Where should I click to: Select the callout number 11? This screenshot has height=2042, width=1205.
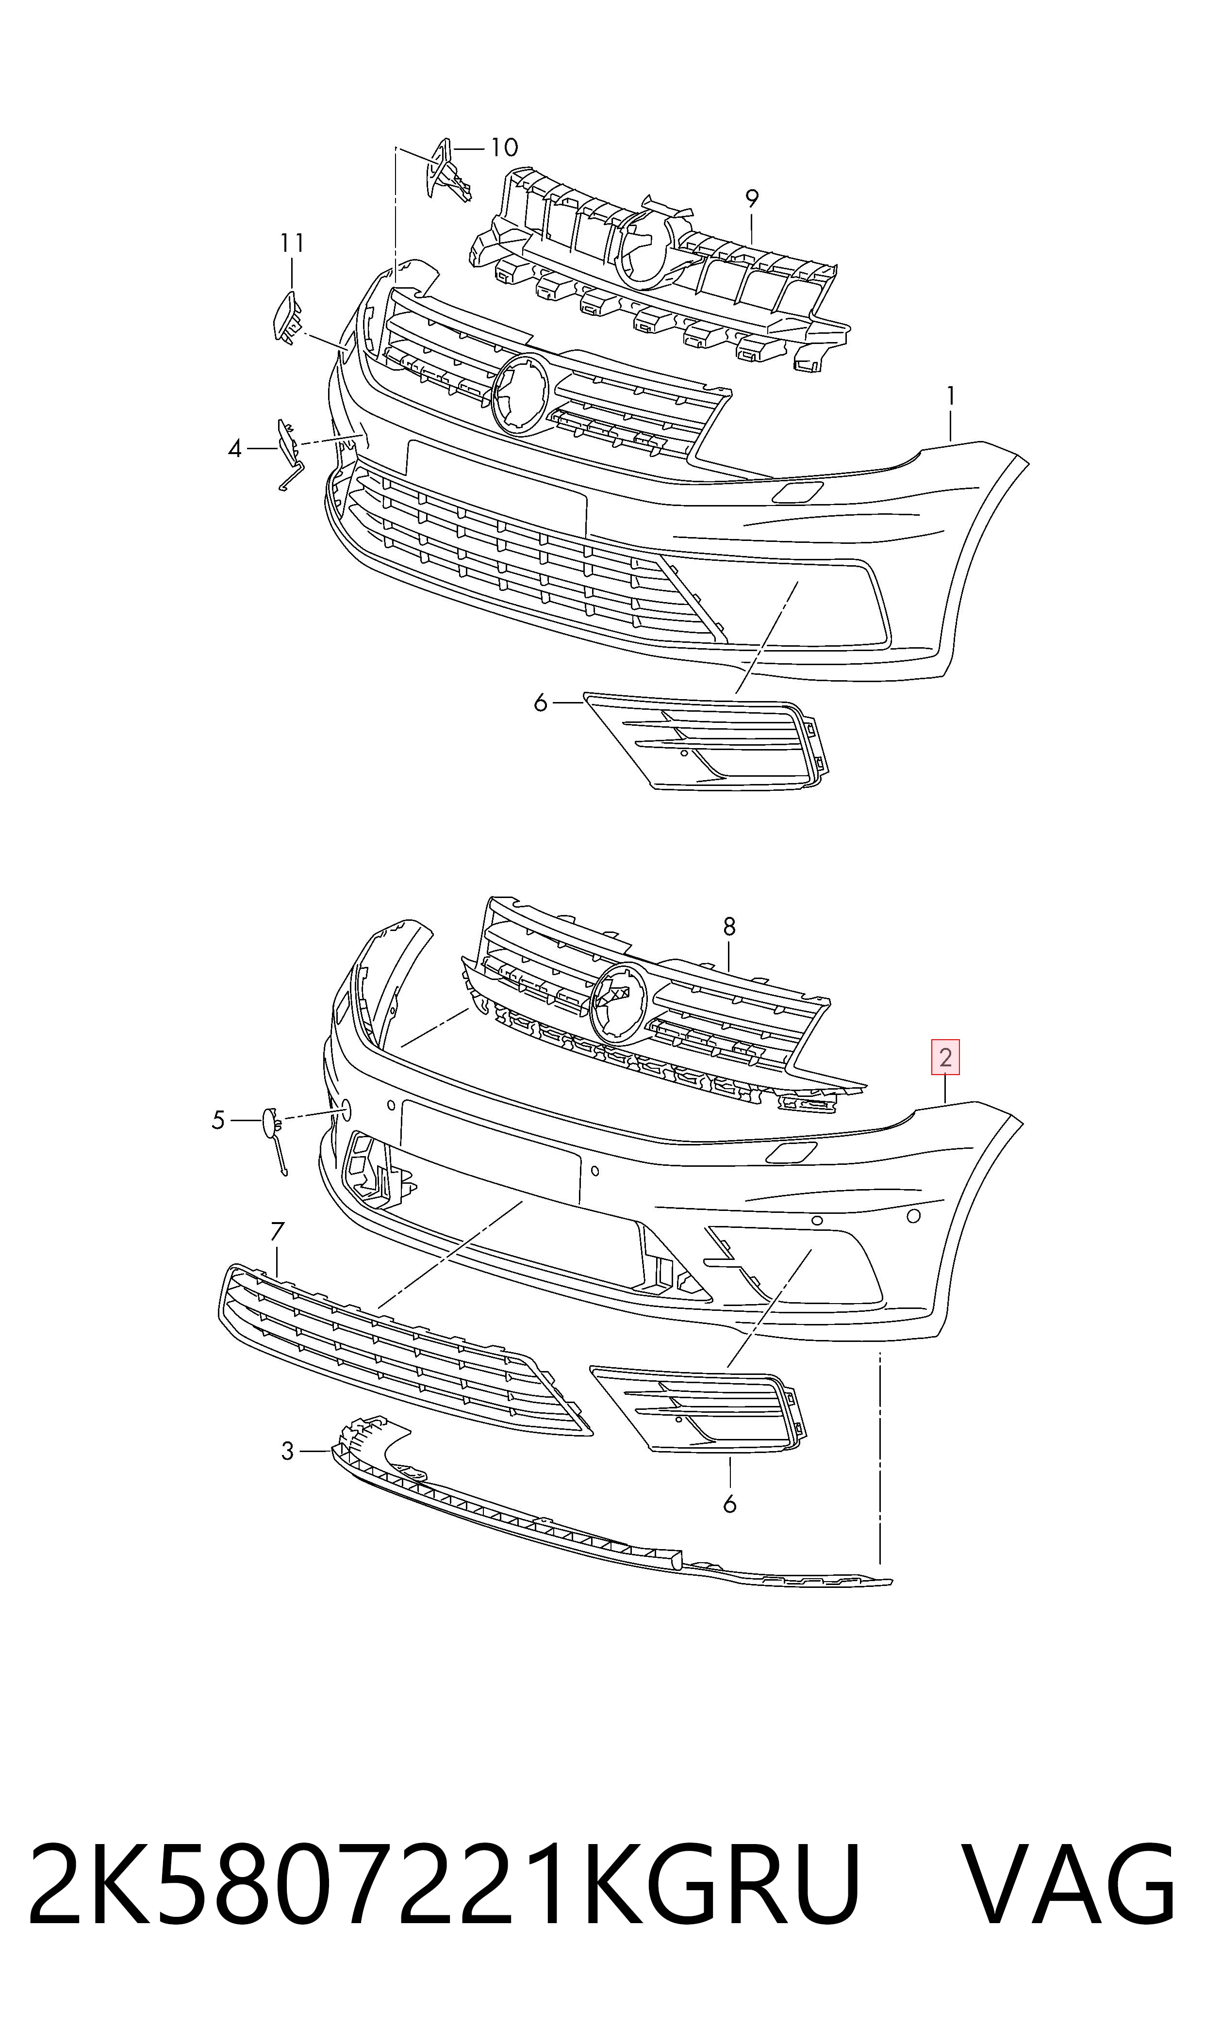click(292, 242)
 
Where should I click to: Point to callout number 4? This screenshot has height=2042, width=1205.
click(235, 448)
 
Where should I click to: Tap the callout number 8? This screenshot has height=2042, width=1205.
click(729, 926)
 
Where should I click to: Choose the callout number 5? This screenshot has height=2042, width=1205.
click(217, 1120)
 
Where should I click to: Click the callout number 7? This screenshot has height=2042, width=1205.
click(277, 1231)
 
